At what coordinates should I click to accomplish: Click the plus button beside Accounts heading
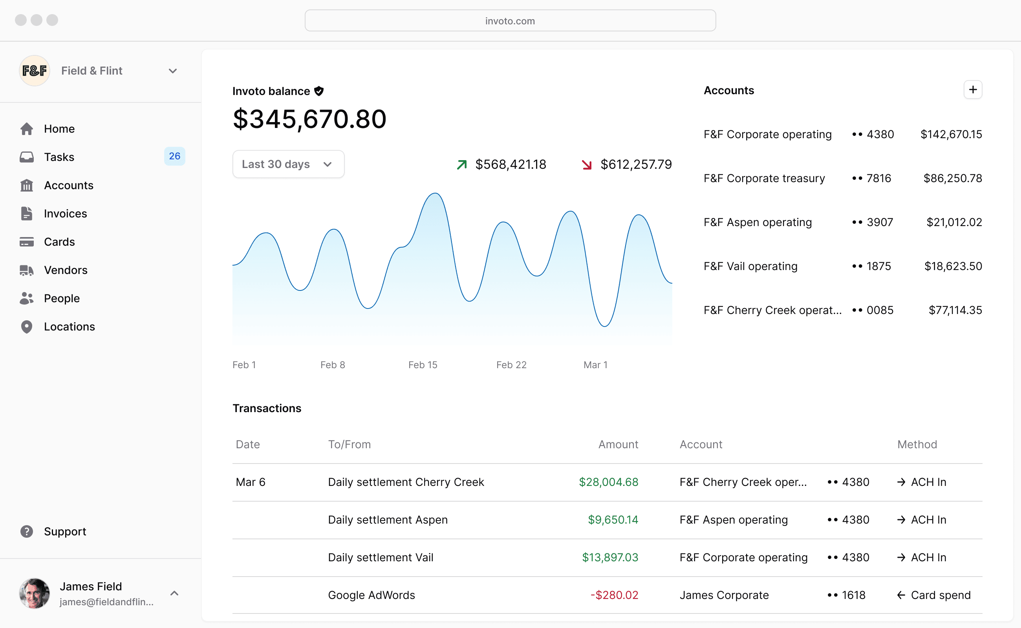[x=972, y=90]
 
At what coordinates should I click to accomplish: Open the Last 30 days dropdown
[x=288, y=164]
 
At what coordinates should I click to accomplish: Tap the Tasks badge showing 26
[x=174, y=156]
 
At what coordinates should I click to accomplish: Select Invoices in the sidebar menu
[x=65, y=214]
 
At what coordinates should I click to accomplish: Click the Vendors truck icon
[x=27, y=270]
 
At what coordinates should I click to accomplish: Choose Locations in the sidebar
[x=70, y=327]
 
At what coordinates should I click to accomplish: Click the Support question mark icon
[x=27, y=531]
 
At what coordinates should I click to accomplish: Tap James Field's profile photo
[x=35, y=593]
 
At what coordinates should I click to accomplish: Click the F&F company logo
[x=35, y=71]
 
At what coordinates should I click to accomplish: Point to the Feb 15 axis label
[x=423, y=365]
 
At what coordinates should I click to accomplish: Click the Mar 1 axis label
[x=595, y=365]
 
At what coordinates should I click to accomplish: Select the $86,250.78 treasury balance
[x=952, y=178]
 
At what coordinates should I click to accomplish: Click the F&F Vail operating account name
[x=750, y=266]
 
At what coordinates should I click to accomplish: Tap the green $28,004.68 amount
[x=608, y=482]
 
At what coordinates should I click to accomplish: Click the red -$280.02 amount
[x=614, y=595]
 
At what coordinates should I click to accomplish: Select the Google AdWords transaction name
[x=371, y=595]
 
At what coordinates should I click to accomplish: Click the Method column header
[x=917, y=444]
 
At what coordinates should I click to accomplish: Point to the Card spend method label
[x=940, y=595]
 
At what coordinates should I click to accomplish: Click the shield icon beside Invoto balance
[x=319, y=91]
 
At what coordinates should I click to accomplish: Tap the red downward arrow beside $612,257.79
[x=587, y=165]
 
